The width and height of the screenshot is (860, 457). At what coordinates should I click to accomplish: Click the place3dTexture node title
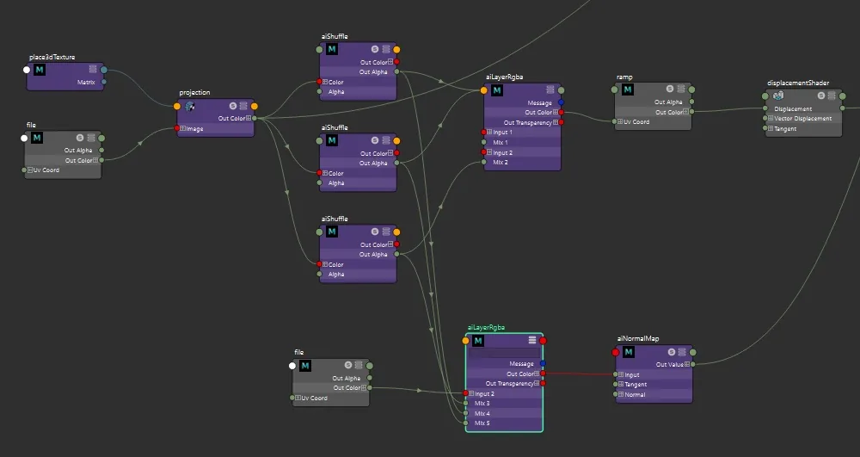pos(52,57)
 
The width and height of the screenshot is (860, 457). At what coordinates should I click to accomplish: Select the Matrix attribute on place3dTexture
pos(86,83)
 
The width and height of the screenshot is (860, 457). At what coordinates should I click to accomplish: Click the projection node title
pos(194,93)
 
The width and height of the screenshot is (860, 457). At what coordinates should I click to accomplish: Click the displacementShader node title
pos(798,83)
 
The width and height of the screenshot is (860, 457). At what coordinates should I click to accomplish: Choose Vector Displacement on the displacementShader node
pos(803,119)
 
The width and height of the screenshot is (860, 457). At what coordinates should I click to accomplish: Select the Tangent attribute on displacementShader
pos(785,129)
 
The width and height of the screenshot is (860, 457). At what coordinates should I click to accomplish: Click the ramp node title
pos(624,77)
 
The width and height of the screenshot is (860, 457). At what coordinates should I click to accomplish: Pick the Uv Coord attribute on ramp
pos(636,122)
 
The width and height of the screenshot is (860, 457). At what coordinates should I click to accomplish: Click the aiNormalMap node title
pos(638,338)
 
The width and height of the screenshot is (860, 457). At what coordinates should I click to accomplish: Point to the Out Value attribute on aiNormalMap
pos(670,364)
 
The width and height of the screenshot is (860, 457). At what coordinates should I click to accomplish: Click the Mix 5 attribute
pos(482,423)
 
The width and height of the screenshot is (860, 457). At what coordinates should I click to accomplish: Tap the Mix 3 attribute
pos(482,404)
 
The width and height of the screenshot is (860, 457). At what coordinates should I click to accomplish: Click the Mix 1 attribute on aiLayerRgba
pos(501,143)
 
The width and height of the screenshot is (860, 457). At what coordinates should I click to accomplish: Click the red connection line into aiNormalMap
pos(579,374)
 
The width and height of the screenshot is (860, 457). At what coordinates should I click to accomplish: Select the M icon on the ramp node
pos(628,90)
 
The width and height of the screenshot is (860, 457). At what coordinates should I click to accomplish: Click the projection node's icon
pos(190,107)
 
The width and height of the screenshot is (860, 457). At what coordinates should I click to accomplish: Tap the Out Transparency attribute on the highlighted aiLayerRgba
pos(509,384)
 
